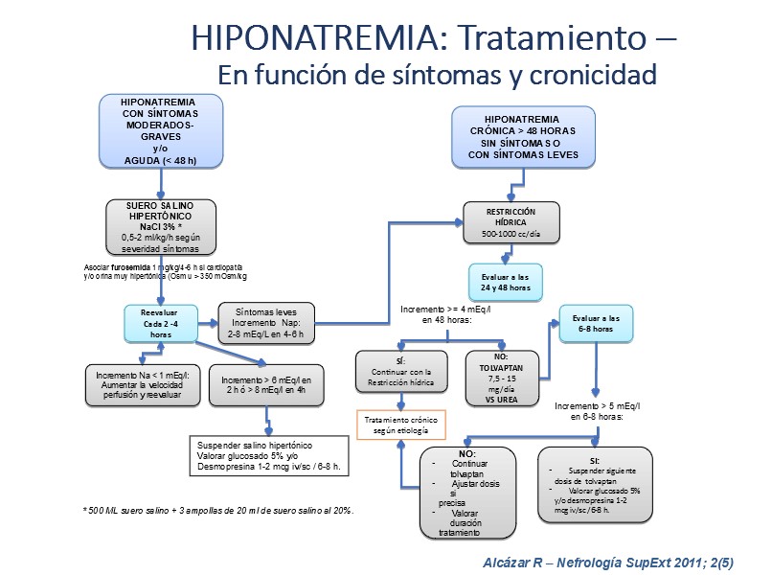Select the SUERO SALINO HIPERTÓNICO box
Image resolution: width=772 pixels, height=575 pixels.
click(161, 226)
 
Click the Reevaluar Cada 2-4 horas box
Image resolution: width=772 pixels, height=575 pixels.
click(160, 323)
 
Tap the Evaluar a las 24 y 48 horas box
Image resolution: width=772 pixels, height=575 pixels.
click(505, 282)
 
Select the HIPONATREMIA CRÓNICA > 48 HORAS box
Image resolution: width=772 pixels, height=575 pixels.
click(523, 135)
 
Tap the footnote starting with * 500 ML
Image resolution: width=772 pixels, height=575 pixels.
click(219, 511)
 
